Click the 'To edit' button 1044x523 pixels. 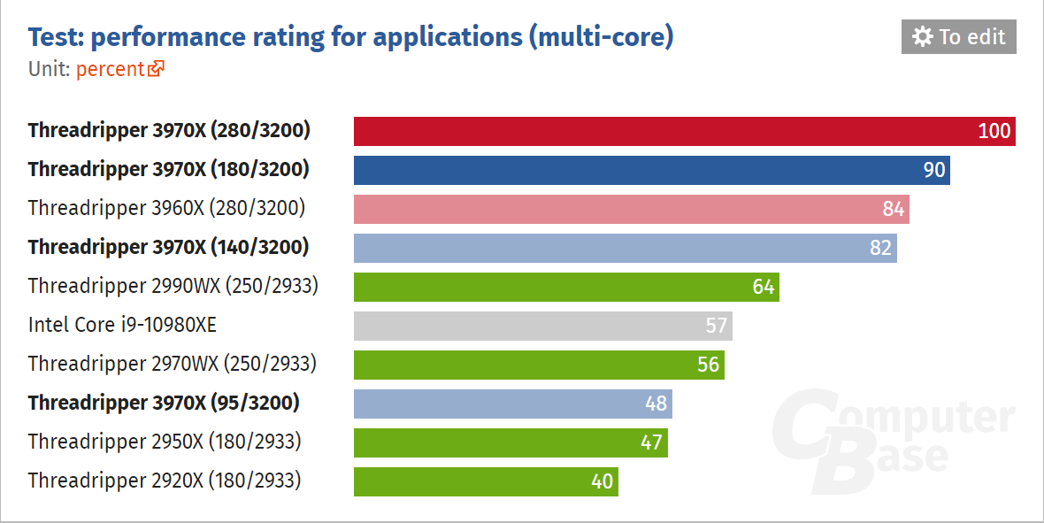(959, 37)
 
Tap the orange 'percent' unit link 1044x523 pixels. (110, 69)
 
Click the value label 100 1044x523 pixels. (994, 131)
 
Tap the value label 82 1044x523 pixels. (880, 248)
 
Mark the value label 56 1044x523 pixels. (708, 365)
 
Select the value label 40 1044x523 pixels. (602, 481)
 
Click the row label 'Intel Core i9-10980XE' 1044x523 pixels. (122, 326)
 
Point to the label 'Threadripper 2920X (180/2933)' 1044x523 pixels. (165, 481)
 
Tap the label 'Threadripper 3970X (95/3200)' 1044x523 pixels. (164, 404)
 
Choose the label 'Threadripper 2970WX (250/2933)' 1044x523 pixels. (173, 365)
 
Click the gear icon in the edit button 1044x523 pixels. (923, 37)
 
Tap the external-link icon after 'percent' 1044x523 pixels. (157, 69)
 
